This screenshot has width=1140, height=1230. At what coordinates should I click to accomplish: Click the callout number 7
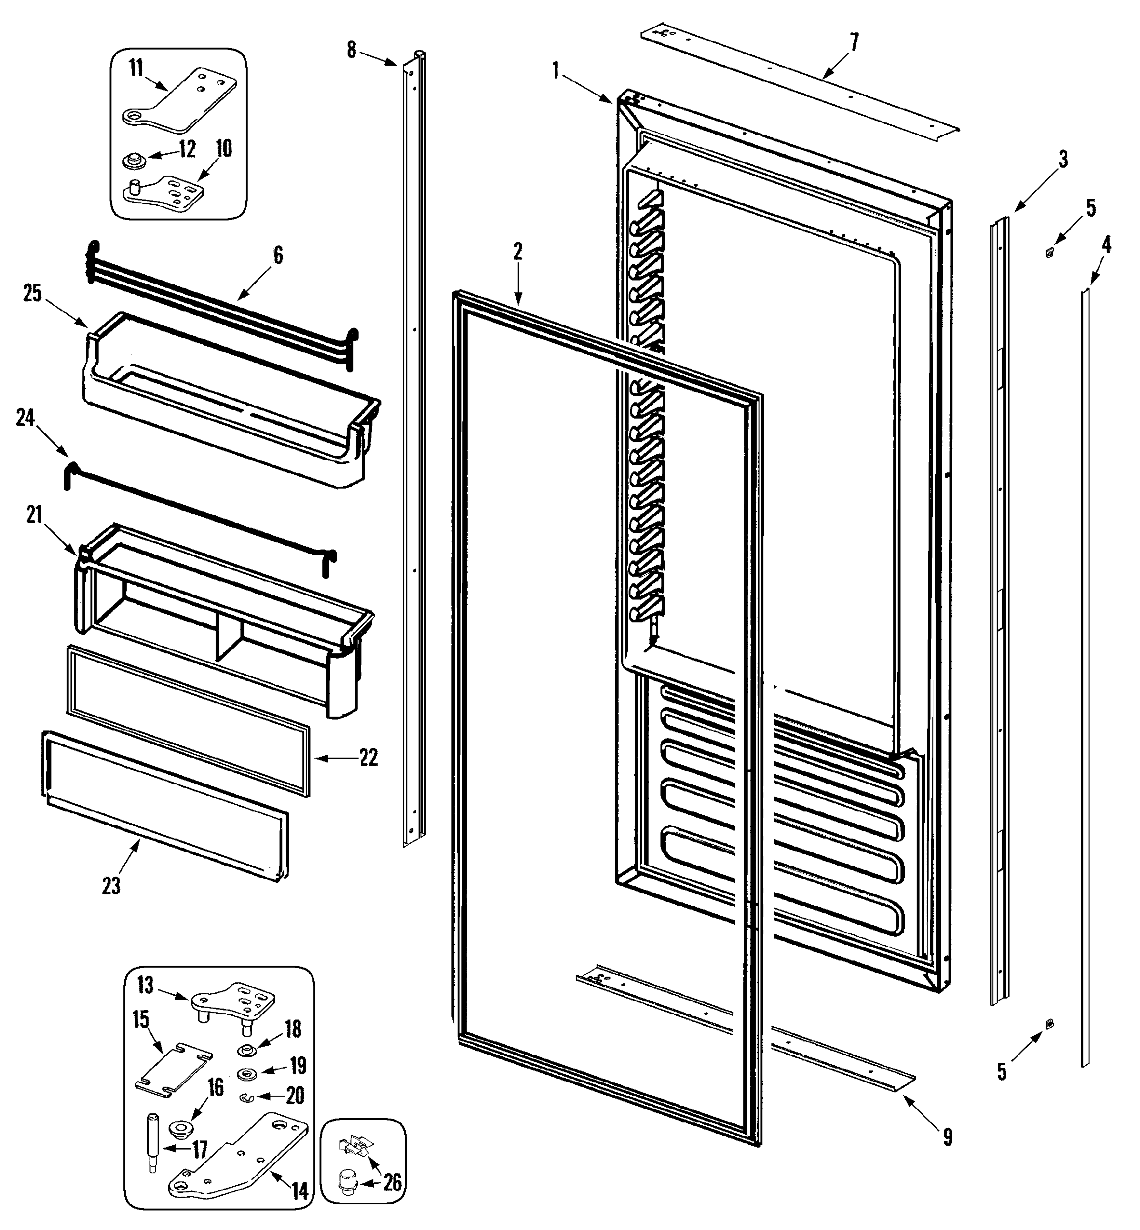(853, 42)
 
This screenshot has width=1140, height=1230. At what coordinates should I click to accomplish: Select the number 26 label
(392, 1182)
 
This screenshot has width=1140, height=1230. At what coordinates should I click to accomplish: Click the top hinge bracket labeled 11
(179, 102)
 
